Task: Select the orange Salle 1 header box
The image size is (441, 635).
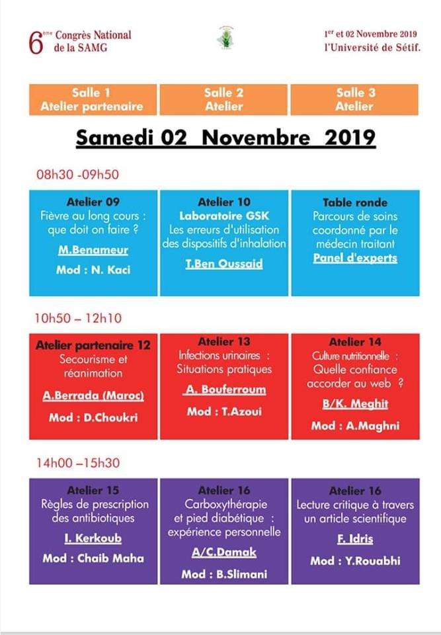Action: tap(93, 99)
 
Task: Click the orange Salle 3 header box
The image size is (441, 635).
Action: tap(354, 99)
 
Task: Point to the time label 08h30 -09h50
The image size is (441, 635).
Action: tap(77, 175)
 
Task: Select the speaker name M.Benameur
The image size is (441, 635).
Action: tap(93, 251)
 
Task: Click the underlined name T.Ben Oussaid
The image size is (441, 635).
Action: tap(225, 263)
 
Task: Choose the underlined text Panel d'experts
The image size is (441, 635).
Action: tap(355, 258)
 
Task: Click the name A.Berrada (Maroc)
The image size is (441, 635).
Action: tap(93, 396)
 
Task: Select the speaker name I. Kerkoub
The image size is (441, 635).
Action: tap(93, 538)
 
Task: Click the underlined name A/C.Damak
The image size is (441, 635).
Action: tap(224, 552)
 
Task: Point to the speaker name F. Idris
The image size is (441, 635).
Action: tap(355, 538)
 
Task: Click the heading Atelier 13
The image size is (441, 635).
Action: tap(225, 341)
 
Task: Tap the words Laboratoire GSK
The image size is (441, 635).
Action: tap(225, 216)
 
